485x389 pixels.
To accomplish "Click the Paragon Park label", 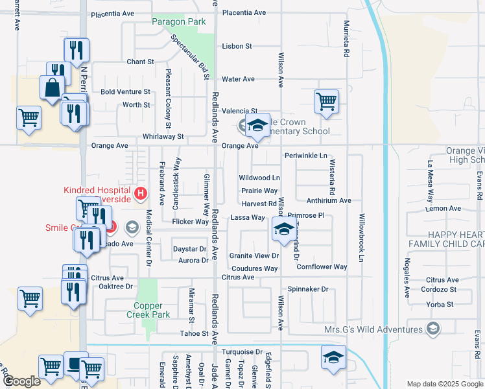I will tap(178, 21).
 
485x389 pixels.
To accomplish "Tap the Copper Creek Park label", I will tap(152, 310).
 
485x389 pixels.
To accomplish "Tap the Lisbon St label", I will tap(236, 46).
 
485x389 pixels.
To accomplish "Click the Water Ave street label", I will tap(238, 79).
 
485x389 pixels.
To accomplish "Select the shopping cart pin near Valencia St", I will tap(325, 100).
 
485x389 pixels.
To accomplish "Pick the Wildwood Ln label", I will tap(259, 177).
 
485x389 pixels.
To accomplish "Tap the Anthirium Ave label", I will tap(328, 201).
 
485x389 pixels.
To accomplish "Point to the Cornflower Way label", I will tap(322, 266).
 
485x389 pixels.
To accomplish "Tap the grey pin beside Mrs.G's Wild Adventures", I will tap(432, 329).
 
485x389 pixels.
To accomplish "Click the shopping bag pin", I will tap(52, 87).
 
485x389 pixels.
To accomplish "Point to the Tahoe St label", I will tap(194, 333).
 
